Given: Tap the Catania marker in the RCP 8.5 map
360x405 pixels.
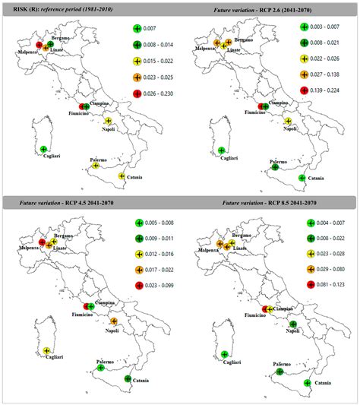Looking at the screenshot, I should [308, 384].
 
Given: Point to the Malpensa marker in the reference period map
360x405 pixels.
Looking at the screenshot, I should [39, 45].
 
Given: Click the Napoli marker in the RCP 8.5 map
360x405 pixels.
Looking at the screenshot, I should [292, 325].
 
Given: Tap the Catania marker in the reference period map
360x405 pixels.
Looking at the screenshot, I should [123, 176].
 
